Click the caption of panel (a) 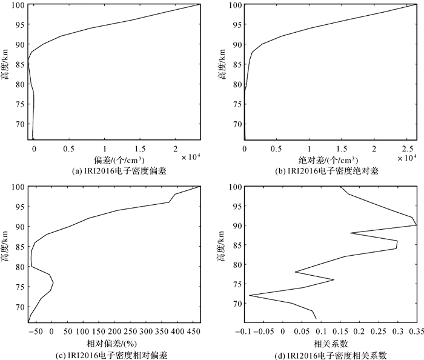click(x=114, y=170)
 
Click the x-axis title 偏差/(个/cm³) click(x=114, y=159)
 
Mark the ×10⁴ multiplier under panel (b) click(x=407, y=157)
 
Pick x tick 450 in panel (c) click(x=193, y=332)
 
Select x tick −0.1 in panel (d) click(x=245, y=332)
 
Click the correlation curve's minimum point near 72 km click(x=250, y=295)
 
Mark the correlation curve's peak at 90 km click(x=416, y=225)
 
